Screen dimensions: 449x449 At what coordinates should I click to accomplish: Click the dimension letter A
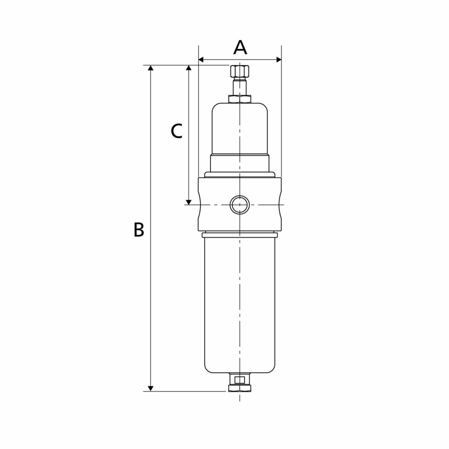[240, 48]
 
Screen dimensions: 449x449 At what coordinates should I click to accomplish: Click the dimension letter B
[139, 230]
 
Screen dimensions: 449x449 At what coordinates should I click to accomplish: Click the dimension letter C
[176, 131]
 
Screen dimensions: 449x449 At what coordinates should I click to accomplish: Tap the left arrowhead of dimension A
[201, 60]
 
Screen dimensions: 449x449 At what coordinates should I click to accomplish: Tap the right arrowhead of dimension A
[278, 60]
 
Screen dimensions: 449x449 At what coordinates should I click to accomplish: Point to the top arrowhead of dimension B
[150, 68]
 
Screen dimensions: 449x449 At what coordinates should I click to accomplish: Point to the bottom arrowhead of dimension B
[150, 388]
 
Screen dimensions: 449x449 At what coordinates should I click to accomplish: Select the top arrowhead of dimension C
[189, 68]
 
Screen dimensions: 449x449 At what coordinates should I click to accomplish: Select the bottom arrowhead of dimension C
[189, 202]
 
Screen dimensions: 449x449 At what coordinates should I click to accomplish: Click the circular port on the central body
[240, 205]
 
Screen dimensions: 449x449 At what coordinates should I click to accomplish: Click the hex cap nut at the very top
[240, 71]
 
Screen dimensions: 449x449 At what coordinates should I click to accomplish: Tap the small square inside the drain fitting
[240, 380]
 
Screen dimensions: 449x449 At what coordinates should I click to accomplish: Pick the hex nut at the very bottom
[240, 388]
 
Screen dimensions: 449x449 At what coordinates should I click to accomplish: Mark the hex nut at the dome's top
[240, 99]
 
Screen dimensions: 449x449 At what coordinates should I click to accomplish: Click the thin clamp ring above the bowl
[240, 235]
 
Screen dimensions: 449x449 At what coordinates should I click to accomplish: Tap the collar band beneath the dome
[240, 164]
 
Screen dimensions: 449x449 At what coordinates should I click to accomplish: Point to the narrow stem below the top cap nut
[240, 87]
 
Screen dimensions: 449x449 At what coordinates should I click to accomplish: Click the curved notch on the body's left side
[200, 205]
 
